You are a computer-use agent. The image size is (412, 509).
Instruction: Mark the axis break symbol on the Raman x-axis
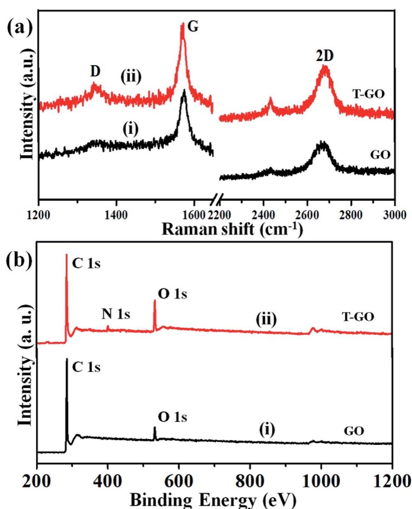pos(216,201)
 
